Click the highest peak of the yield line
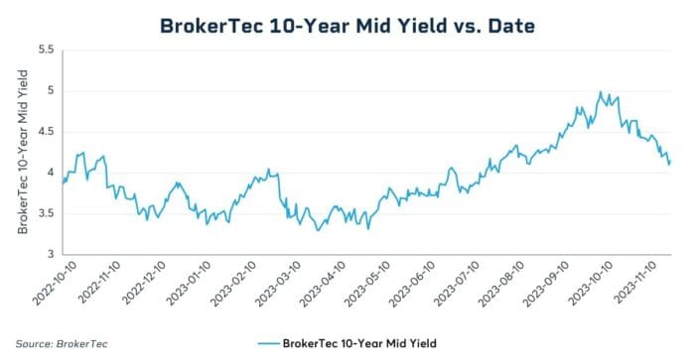[600, 92]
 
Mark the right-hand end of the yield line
[671, 162]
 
